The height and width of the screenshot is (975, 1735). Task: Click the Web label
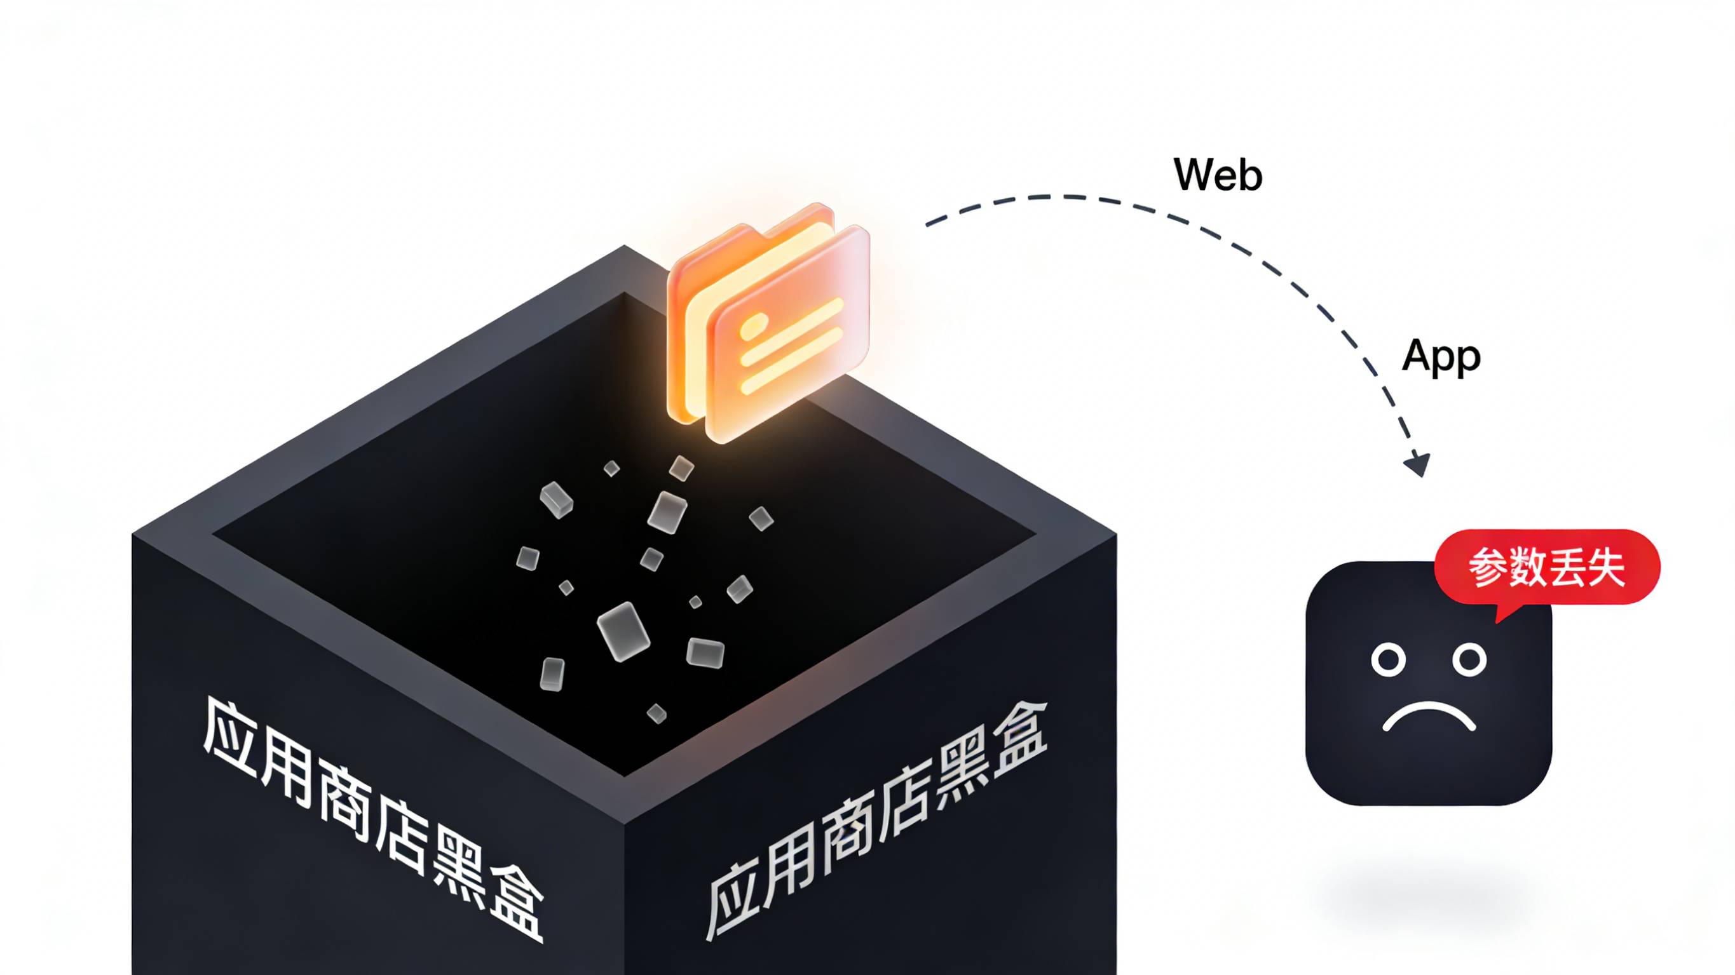tap(1218, 175)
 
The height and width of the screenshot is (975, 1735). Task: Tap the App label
tap(1441, 357)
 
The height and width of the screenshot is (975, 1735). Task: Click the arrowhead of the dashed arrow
tap(1418, 464)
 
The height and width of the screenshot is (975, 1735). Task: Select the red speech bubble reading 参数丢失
tap(1546, 568)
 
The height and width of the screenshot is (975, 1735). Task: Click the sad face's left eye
tap(1389, 659)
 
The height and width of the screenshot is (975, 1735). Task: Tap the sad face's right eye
tap(1469, 659)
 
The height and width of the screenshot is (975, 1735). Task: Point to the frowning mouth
tap(1429, 718)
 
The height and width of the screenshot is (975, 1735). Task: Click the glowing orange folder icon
tap(768, 323)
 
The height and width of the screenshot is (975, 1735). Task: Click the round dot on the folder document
tap(752, 328)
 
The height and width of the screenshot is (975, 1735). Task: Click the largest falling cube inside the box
tap(623, 631)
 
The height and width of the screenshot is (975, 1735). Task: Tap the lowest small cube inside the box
tap(657, 713)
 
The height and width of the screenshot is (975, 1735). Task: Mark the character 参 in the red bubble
tap(1488, 568)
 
